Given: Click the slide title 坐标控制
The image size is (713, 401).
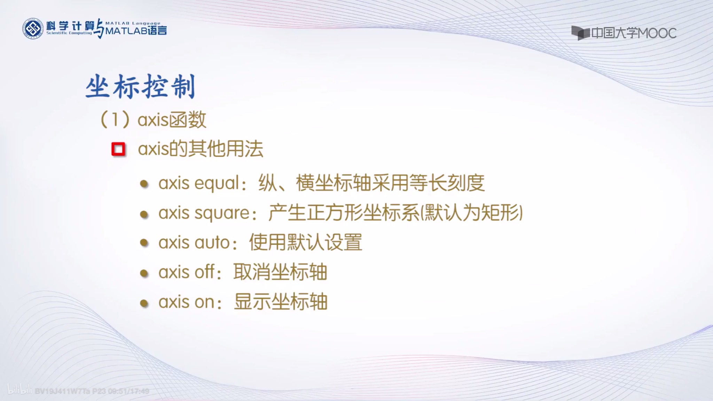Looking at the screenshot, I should pyautogui.click(x=140, y=86).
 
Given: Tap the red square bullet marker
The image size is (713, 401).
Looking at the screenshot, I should pyautogui.click(x=118, y=149).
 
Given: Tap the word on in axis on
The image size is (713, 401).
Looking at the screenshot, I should pyautogui.click(x=204, y=302).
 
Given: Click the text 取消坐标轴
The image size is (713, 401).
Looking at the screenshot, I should pyautogui.click(x=280, y=272).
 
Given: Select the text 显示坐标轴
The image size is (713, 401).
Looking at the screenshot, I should pyautogui.click(x=281, y=302).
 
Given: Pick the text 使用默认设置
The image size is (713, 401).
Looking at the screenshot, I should pyautogui.click(x=306, y=242).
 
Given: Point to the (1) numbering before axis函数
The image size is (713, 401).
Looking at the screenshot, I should pyautogui.click(x=115, y=120).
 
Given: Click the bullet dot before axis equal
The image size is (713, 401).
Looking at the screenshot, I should pyautogui.click(x=144, y=184).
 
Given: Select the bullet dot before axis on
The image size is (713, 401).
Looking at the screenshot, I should pyautogui.click(x=144, y=303).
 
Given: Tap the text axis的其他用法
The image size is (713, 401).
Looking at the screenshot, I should pyautogui.click(x=201, y=149).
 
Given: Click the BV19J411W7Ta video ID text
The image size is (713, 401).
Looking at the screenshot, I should pyautogui.click(x=62, y=391).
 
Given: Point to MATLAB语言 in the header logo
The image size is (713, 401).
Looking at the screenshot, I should pyautogui.click(x=136, y=31).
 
